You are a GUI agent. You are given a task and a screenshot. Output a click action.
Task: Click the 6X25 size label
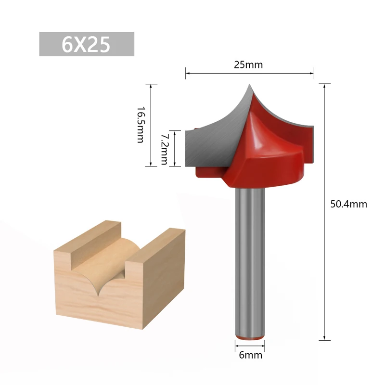click(86, 44)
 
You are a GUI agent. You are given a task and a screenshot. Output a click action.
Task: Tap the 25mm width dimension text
click(248, 65)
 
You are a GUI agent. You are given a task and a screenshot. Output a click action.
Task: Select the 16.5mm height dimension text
click(140, 125)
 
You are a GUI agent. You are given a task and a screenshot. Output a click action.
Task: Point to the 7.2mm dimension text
click(164, 149)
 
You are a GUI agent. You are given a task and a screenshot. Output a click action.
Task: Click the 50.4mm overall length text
click(348, 204)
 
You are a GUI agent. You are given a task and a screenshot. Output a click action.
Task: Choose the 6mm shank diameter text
click(250, 355)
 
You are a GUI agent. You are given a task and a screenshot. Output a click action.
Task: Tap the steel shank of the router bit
click(250, 260)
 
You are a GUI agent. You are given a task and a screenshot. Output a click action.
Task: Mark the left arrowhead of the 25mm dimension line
click(187, 73)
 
